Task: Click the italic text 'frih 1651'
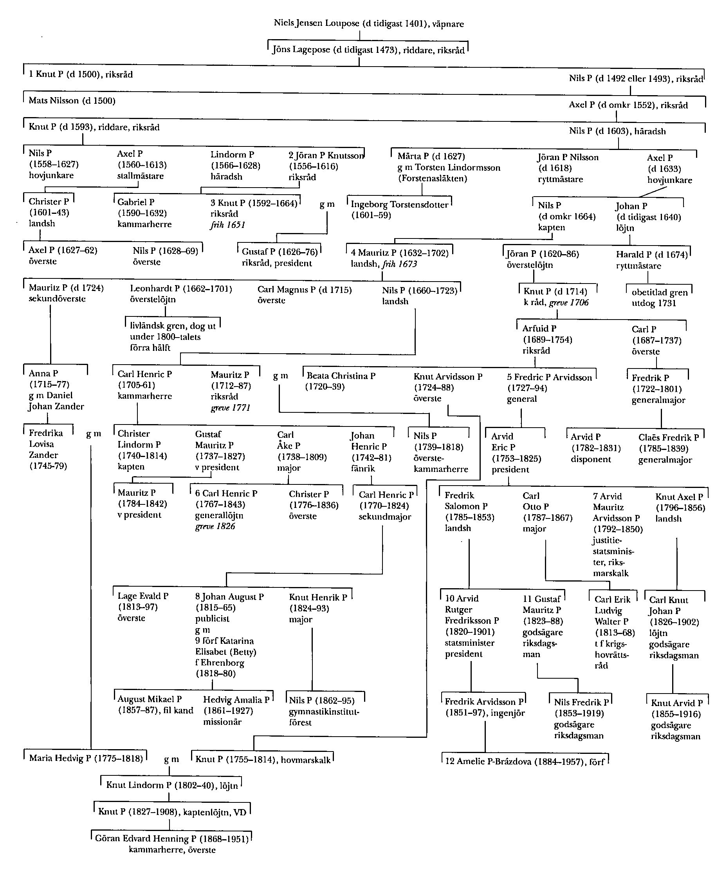point(228,225)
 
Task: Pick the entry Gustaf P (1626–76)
point(279,252)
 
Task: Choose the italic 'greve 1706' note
point(569,303)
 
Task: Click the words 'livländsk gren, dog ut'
point(173,326)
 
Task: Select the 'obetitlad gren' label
point(660,293)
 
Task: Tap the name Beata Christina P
point(341,376)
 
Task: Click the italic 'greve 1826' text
point(215,526)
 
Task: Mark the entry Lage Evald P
point(143,596)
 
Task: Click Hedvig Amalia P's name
point(236,700)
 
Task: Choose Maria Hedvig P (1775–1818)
point(86,758)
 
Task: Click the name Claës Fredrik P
point(669,437)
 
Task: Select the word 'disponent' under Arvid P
point(591,459)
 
